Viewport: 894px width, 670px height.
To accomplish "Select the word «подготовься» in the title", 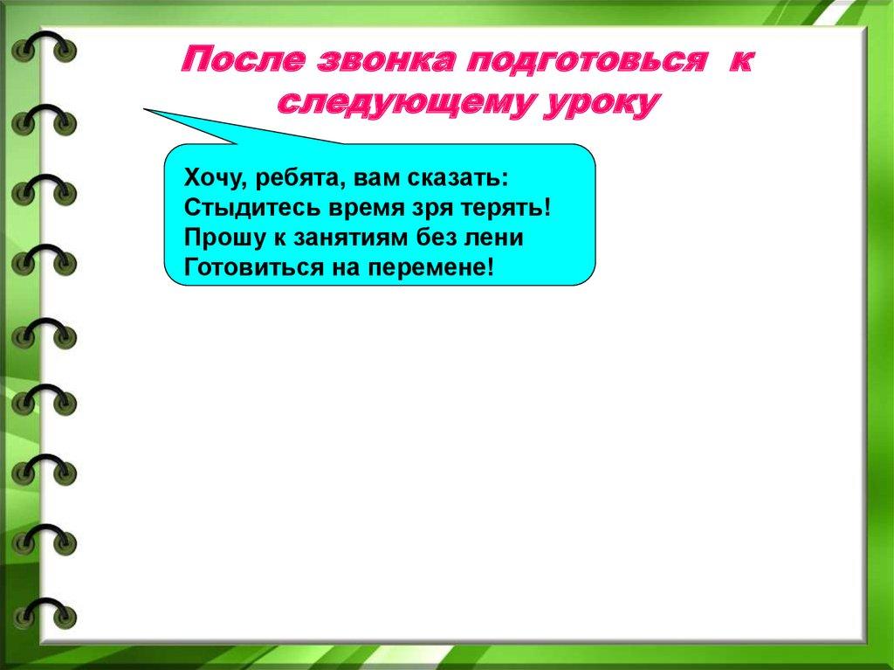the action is click(x=586, y=61).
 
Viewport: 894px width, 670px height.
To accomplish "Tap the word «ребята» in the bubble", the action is click(x=299, y=178).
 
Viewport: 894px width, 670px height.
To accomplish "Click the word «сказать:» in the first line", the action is click(x=457, y=178).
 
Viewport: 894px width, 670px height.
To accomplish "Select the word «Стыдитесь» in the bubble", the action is click(x=252, y=208).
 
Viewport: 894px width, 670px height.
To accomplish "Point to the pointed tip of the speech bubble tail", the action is click(x=144, y=109).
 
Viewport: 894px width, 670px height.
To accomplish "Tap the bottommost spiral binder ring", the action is click(x=44, y=614).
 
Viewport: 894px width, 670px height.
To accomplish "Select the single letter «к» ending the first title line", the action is click(x=741, y=60).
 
